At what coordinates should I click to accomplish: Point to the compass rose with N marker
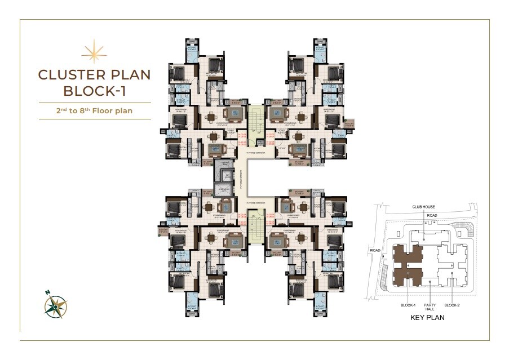point(56,305)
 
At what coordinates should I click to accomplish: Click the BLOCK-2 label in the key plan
point(453,305)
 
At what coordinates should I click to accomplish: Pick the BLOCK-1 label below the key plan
point(407,305)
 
